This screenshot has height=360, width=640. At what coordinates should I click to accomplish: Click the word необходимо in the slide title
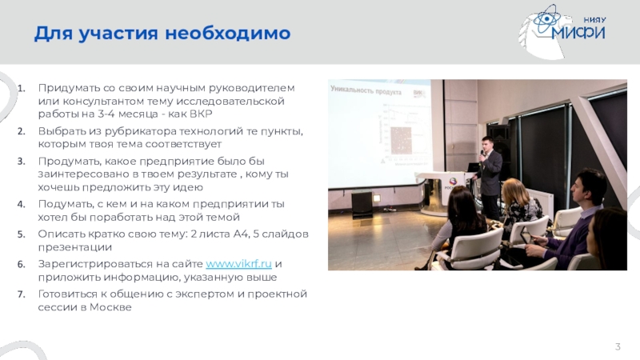[x=227, y=33]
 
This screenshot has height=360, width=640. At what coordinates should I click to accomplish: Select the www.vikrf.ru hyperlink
[x=238, y=264]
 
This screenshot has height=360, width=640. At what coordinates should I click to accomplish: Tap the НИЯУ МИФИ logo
[x=563, y=31]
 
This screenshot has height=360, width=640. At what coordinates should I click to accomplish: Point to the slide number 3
[x=618, y=346]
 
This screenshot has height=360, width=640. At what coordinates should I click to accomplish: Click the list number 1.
[x=22, y=88]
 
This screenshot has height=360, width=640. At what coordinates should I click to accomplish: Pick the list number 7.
[x=22, y=294]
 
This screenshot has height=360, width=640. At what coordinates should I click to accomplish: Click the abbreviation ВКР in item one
[x=202, y=114]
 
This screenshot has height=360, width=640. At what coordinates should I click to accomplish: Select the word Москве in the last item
[x=110, y=307]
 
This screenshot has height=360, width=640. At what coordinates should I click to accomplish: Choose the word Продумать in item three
[x=70, y=162]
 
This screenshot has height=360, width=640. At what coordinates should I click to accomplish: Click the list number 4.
[x=22, y=204]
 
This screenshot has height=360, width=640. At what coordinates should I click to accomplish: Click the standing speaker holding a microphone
[x=489, y=176]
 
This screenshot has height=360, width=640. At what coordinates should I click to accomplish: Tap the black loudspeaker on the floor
[x=362, y=204]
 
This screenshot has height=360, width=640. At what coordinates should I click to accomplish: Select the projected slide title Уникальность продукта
[x=366, y=90]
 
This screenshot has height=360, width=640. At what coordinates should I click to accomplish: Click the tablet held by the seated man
[x=526, y=235]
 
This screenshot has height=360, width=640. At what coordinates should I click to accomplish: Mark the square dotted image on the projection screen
[x=401, y=141]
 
